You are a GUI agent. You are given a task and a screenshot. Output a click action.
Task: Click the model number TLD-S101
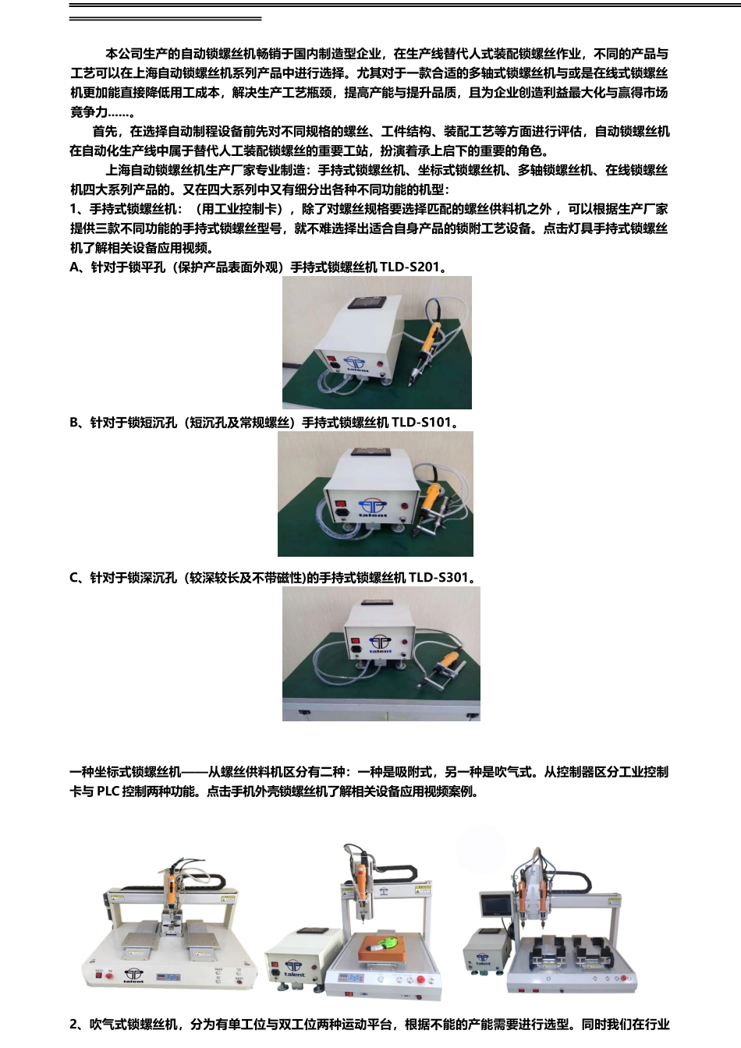pyautogui.click(x=421, y=423)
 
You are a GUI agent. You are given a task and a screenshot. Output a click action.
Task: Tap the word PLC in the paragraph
pyautogui.click(x=108, y=791)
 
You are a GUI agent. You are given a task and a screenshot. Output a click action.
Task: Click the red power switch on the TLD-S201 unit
pyautogui.click(x=334, y=362)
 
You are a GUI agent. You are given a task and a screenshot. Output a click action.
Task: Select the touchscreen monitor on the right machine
pyautogui.click(x=496, y=906)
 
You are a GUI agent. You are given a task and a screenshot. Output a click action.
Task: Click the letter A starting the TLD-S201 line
pyautogui.click(x=75, y=267)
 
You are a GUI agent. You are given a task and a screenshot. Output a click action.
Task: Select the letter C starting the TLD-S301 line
pyautogui.click(x=75, y=578)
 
